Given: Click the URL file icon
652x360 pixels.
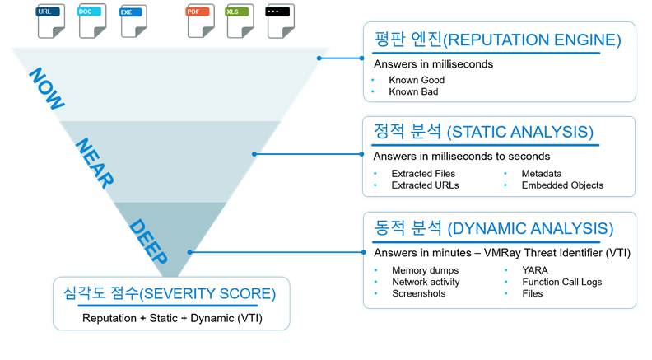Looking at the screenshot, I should coord(50,21).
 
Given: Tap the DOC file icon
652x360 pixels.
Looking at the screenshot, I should coord(92,21).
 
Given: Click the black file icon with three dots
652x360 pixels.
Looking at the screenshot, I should coord(281,21).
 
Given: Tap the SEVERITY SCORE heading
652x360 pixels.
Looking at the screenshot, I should coord(170,292).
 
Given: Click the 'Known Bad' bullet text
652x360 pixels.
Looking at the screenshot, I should coord(413,92).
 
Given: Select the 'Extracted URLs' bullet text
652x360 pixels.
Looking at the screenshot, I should coord(425,185).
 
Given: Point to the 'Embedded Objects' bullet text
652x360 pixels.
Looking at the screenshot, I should coord(561,185).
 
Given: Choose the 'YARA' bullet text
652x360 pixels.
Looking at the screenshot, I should coord(535,270).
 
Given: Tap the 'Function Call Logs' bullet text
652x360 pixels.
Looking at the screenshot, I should coord(561,282).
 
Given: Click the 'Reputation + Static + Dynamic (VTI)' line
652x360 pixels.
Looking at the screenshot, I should coord(170,317).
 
